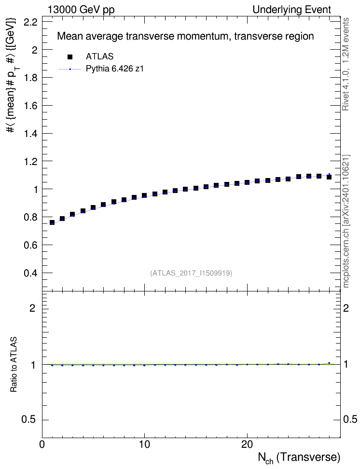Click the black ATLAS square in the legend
point(70,57)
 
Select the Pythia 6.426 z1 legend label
point(115,69)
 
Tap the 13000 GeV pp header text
point(81,10)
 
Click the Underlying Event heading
point(292,10)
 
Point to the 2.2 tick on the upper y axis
point(30,22)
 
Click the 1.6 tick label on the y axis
point(30,106)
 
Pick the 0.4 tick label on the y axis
point(30,273)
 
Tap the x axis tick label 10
point(145,444)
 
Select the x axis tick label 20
point(247,444)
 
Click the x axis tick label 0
point(42,444)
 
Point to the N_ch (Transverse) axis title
point(299,457)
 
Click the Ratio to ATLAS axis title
point(14,364)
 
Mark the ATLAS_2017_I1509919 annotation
point(191,273)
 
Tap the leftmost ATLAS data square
point(52,222)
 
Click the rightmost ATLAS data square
point(329,177)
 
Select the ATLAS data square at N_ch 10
point(144,195)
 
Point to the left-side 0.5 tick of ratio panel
point(29,420)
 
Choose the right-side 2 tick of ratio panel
point(346,308)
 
